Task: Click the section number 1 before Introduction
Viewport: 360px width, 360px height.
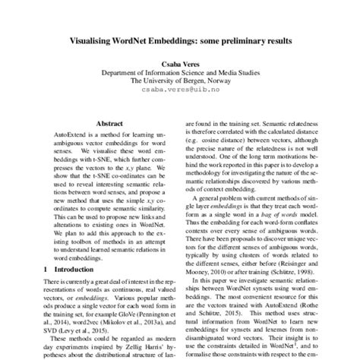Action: pos(46,270)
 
